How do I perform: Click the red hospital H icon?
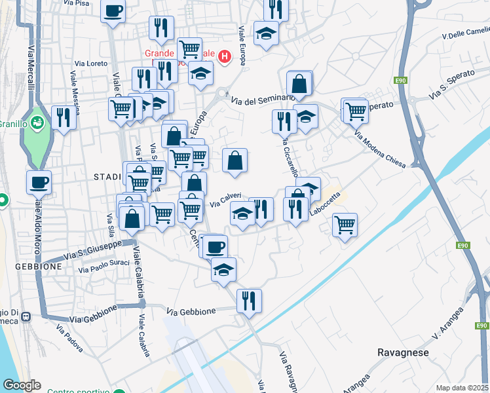pyautogui.click(x=225, y=56)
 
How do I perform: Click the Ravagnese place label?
pyautogui.click(x=403, y=352)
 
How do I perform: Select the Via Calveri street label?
pyautogui.click(x=226, y=200)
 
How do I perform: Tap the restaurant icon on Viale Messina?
pyautogui.click(x=64, y=117)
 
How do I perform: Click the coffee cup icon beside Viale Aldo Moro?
pyautogui.click(x=39, y=181)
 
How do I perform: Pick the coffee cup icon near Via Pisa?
pyautogui.click(x=113, y=10)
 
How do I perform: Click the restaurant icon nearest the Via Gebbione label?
pyautogui.click(x=249, y=301)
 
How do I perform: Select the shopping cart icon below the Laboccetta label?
pyautogui.click(x=345, y=225)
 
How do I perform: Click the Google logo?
pyautogui.click(x=22, y=386)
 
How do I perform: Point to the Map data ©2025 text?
pyautogui.click(x=462, y=388)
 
